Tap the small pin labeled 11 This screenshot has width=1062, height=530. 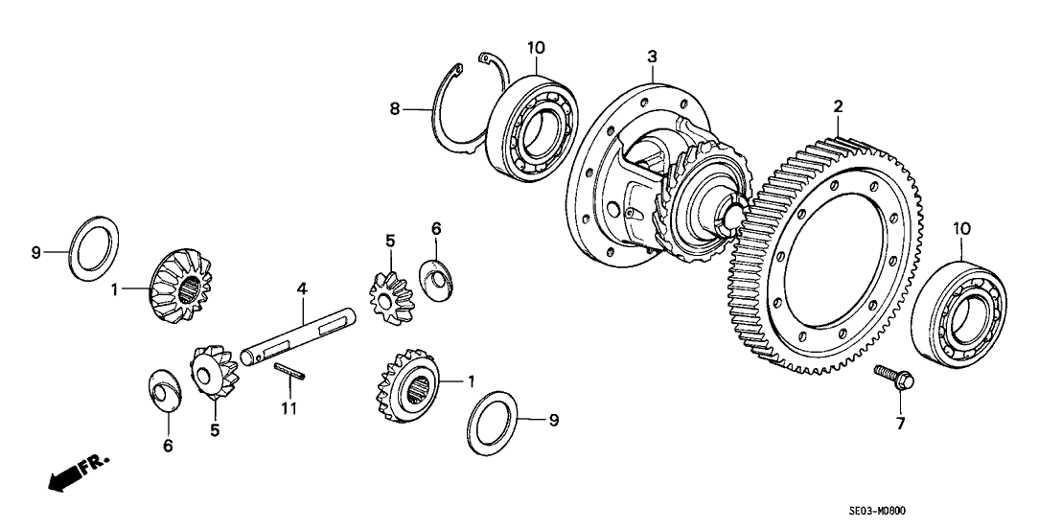[x=289, y=371]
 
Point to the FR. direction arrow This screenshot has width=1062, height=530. [x=72, y=475]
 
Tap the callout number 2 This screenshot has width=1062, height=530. [x=837, y=105]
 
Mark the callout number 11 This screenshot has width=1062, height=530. [x=289, y=409]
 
